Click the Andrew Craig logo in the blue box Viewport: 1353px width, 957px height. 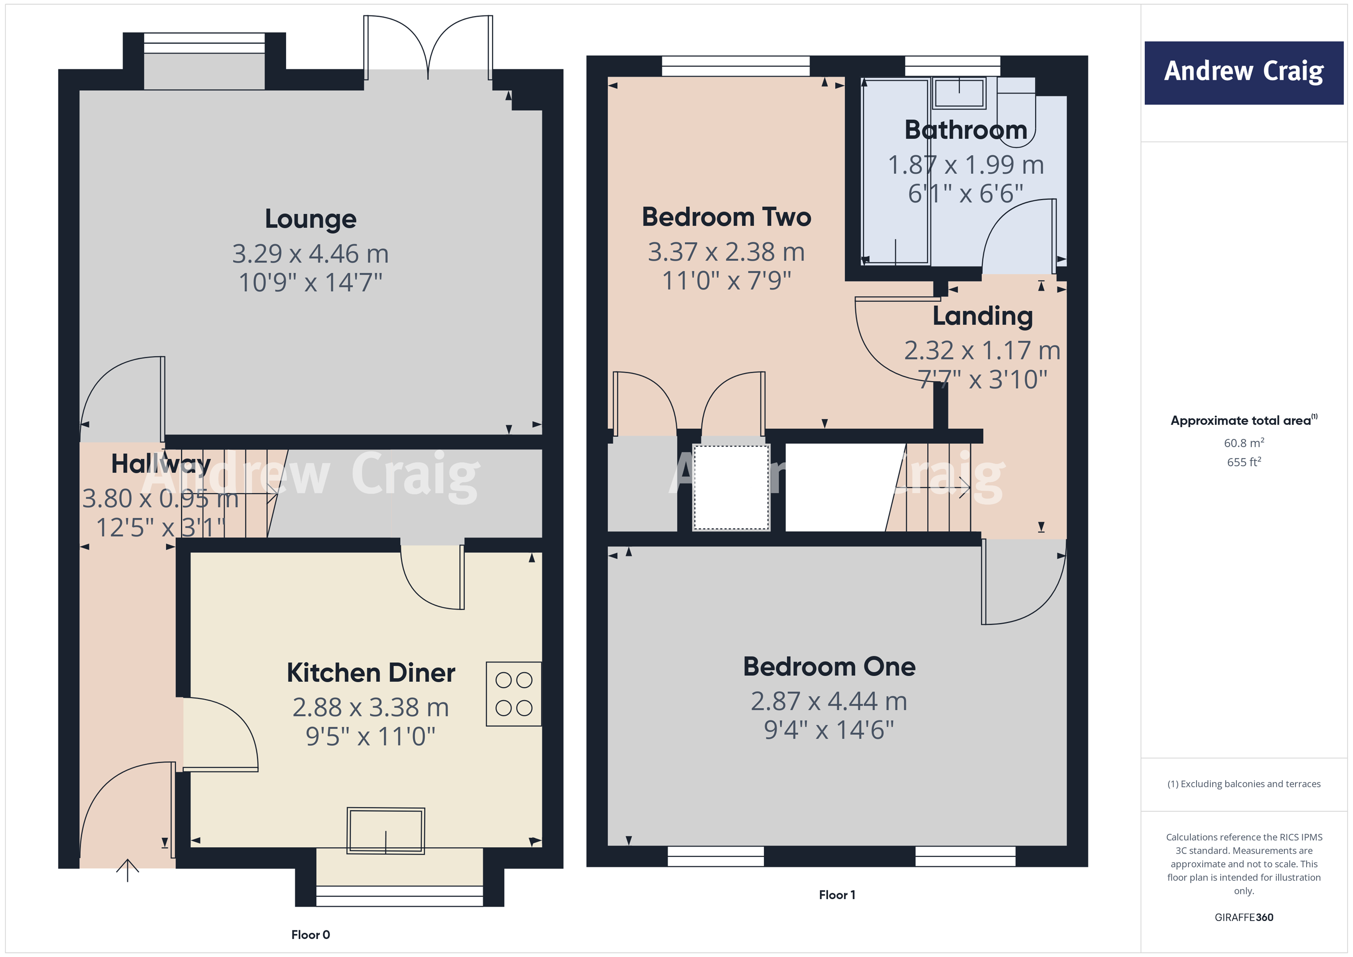[1244, 72]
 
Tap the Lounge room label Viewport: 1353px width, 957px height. [310, 219]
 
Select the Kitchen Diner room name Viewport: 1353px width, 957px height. [371, 673]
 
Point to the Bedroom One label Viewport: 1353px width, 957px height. [829, 667]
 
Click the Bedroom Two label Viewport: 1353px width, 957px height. [726, 217]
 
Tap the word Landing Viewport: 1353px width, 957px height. [982, 317]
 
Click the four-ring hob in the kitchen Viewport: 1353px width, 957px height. [513, 694]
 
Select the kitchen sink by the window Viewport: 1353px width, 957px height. [386, 830]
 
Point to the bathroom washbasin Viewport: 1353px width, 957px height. [959, 93]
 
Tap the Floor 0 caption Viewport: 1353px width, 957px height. [310, 934]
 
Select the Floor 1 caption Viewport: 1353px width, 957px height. [837, 895]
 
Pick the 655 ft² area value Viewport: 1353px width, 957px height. [1244, 463]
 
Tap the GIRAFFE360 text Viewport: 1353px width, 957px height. [1244, 918]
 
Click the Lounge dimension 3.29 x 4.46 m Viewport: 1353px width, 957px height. [310, 254]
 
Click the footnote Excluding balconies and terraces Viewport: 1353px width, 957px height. [1244, 784]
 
